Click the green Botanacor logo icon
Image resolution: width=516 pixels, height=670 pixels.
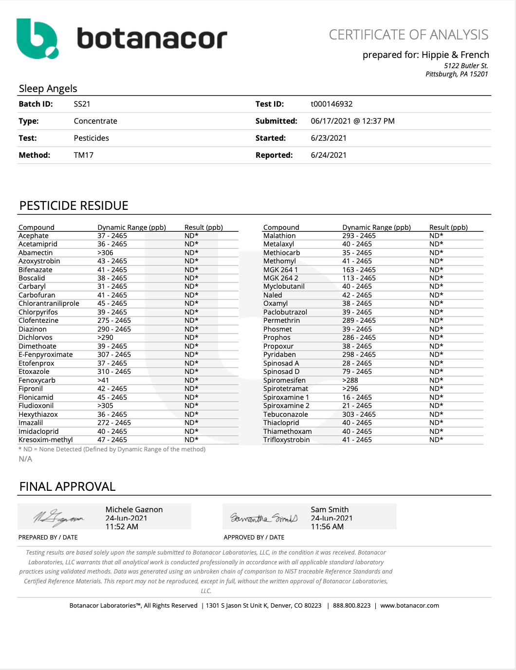click(37, 38)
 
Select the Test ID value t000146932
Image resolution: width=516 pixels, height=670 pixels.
click(332, 104)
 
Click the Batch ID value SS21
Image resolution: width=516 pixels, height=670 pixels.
click(82, 104)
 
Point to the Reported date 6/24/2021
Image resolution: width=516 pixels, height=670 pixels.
click(329, 155)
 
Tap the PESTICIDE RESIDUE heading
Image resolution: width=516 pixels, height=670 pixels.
click(74, 206)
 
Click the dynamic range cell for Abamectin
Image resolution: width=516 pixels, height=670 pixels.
click(105, 253)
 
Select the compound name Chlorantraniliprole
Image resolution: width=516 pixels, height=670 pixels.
click(49, 303)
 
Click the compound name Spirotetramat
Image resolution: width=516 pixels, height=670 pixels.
click(286, 389)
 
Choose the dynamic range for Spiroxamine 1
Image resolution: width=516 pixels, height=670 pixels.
click(357, 397)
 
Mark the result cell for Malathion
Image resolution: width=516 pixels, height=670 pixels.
click(436, 236)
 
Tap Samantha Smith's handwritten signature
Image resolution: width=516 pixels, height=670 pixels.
click(263, 518)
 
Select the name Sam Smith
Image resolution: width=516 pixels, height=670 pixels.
click(330, 509)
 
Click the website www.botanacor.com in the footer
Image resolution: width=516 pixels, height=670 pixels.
click(409, 606)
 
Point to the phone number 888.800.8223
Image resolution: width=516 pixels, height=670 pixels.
click(351, 606)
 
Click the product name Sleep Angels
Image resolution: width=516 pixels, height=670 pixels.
click(48, 89)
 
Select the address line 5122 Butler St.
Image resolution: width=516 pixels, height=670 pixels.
click(465, 66)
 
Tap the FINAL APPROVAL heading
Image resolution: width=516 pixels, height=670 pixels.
click(67, 487)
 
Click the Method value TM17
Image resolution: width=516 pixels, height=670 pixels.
click(84, 155)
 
